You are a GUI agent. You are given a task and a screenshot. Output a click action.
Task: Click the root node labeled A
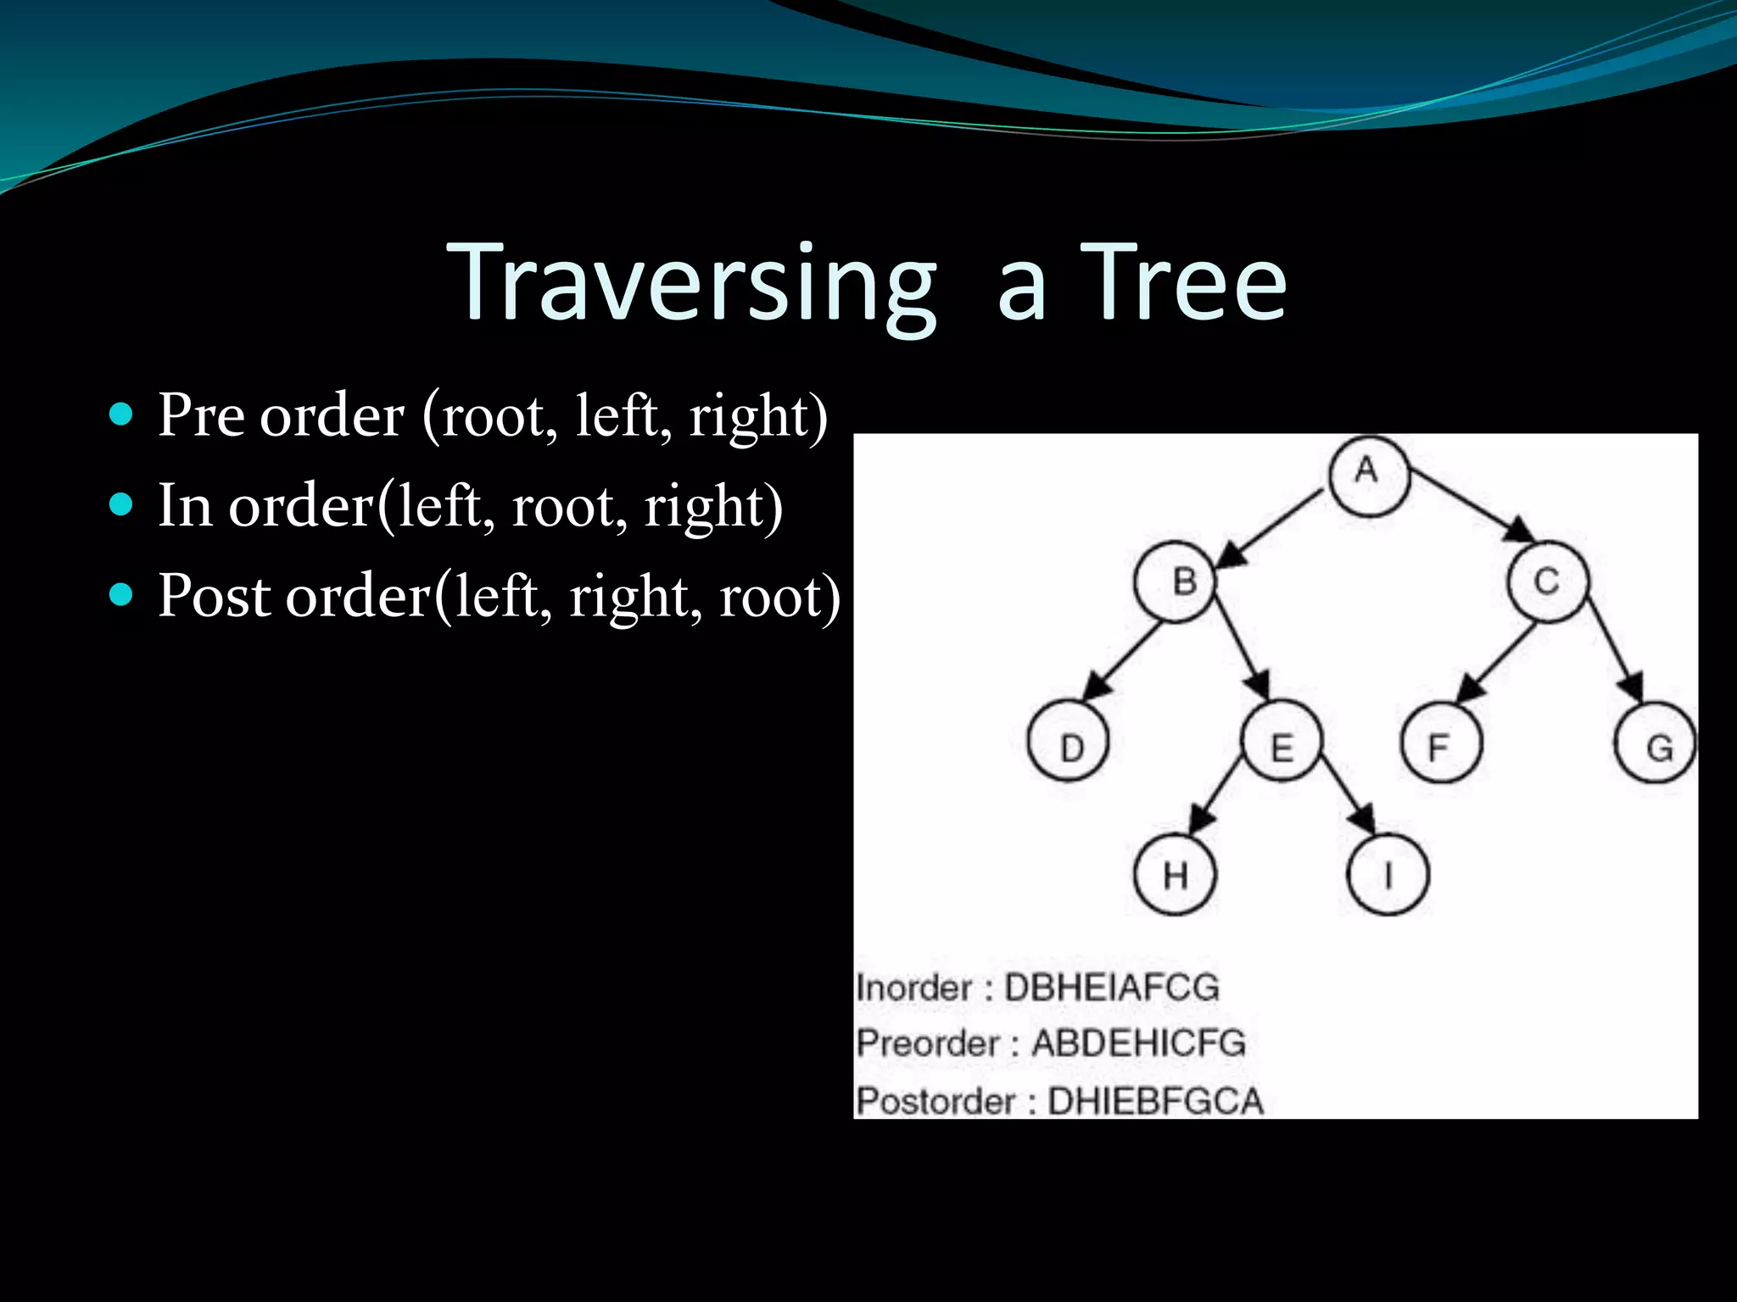pos(1368,474)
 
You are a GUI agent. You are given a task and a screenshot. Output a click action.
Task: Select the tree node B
pos(1176,582)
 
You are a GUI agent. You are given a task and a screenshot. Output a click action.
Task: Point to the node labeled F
pos(1441,743)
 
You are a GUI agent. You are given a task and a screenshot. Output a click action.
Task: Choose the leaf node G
pos(1655,743)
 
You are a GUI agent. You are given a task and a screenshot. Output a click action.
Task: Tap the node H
pos(1175,874)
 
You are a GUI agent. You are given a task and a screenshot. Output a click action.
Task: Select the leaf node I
pos(1388,874)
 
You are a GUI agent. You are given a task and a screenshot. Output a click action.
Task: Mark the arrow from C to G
pos(1616,648)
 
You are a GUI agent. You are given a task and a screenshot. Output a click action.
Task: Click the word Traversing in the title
pos(691,284)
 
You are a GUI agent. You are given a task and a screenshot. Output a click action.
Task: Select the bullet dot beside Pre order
pos(122,415)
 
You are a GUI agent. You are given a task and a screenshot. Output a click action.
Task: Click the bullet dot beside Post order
pos(122,595)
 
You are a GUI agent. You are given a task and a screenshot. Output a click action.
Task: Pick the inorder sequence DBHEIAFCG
pos(1111,988)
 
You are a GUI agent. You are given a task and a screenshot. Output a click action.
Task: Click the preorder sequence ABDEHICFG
pos(1138,1043)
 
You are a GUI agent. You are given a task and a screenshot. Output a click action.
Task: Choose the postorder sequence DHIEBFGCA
pos(1155,1101)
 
